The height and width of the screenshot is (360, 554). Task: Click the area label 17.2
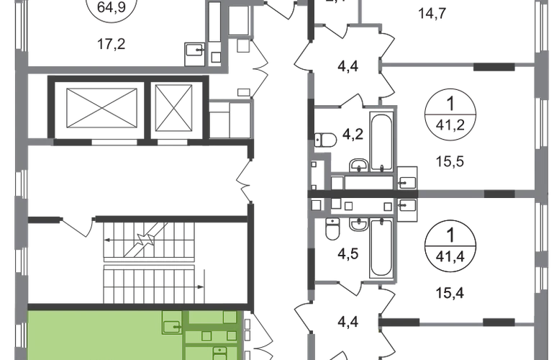tap(110, 43)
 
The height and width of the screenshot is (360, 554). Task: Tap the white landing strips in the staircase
tap(148, 263)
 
